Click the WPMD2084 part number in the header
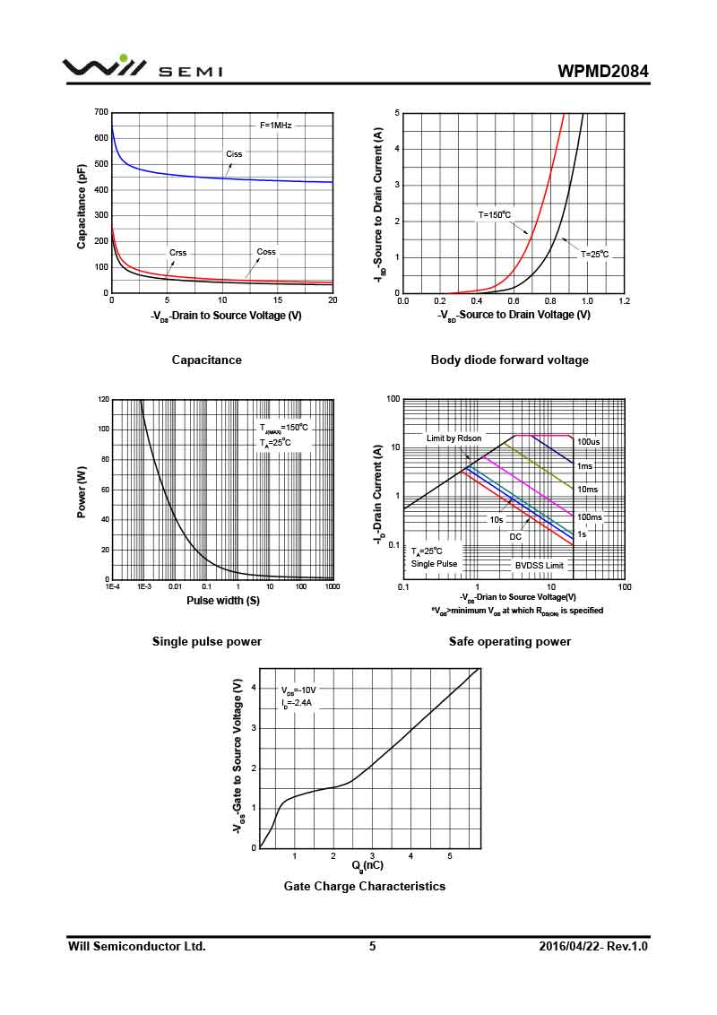[602, 71]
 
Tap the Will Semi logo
[143, 67]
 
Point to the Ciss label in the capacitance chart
[234, 154]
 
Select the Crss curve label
[177, 253]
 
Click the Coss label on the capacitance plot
[266, 252]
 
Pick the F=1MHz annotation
[276, 125]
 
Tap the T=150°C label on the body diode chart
[494, 214]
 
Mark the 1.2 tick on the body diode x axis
[624, 301]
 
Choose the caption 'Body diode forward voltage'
[509, 360]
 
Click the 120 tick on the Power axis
[104, 399]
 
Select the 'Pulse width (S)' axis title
[223, 601]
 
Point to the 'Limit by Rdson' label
[454, 438]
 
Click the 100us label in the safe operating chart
[588, 442]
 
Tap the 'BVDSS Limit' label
[539, 566]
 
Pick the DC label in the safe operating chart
[515, 537]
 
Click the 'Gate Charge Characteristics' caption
[364, 887]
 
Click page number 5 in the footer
[372, 946]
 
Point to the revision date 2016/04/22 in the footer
[574, 946]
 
